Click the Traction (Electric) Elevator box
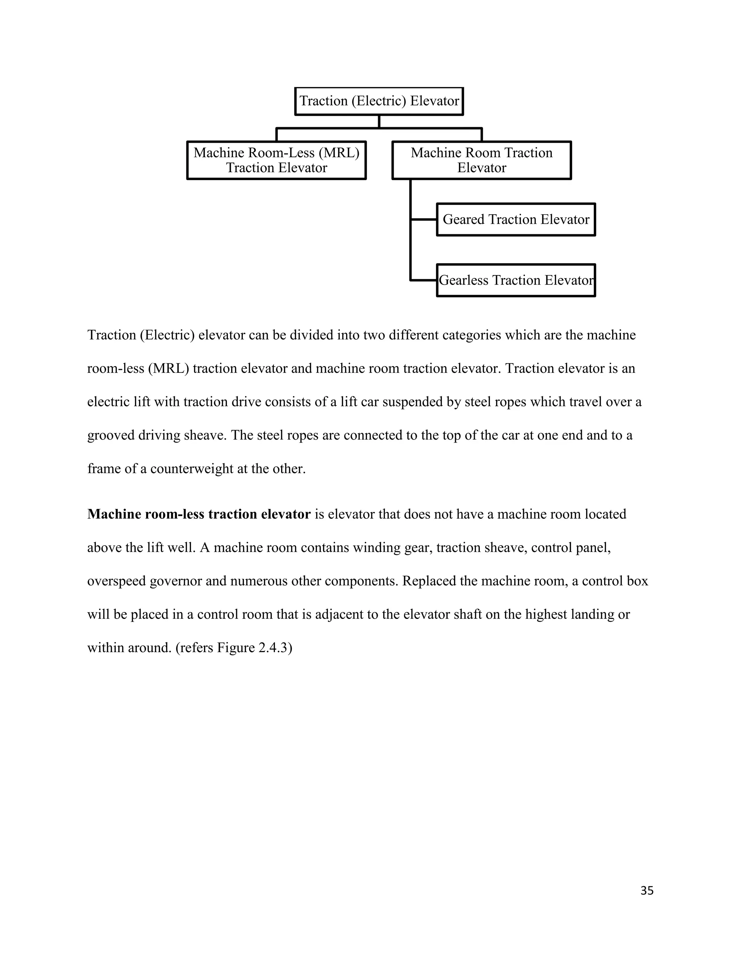(x=379, y=101)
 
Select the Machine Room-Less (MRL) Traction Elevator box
(x=276, y=160)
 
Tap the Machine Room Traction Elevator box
(x=482, y=160)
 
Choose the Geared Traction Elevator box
(x=516, y=219)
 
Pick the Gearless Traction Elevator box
(x=516, y=280)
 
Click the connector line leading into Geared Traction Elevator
(x=424, y=219)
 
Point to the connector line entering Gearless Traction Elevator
(x=424, y=280)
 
